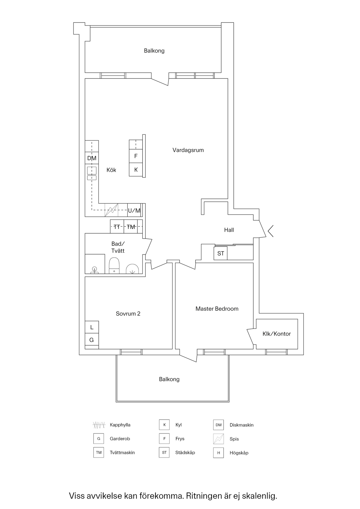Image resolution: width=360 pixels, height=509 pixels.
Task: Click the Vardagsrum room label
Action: tap(188, 150)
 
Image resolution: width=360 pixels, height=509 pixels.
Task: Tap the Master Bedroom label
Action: tap(217, 309)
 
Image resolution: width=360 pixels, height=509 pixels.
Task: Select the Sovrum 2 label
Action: tap(128, 314)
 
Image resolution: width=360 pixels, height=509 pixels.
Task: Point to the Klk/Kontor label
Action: tap(276, 334)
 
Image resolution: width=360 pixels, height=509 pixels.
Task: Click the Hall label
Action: tap(229, 230)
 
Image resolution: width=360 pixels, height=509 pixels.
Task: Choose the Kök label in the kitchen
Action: tap(111, 170)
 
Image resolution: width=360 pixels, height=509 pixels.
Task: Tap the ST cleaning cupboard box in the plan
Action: tap(220, 253)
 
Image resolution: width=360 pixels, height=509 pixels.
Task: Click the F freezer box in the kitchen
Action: tap(136, 156)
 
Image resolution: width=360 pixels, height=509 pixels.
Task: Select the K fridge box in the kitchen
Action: tap(136, 170)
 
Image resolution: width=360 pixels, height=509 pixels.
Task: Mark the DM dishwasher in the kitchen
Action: tap(92, 158)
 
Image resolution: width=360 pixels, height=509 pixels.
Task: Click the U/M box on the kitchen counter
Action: tap(134, 210)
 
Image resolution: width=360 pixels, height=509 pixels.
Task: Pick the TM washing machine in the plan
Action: tap(131, 227)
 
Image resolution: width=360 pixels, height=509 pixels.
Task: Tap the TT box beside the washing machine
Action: tap(117, 227)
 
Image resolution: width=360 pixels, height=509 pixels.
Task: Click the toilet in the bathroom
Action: tap(114, 265)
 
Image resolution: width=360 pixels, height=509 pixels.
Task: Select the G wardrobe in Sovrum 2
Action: tap(92, 340)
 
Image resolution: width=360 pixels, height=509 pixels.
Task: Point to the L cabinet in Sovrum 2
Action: tap(92, 327)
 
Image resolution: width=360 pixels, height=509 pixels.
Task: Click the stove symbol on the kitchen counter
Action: tap(111, 210)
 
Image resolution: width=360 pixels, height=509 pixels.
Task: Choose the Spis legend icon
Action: tap(218, 439)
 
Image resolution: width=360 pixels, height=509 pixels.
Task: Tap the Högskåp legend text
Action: tap(239, 453)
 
